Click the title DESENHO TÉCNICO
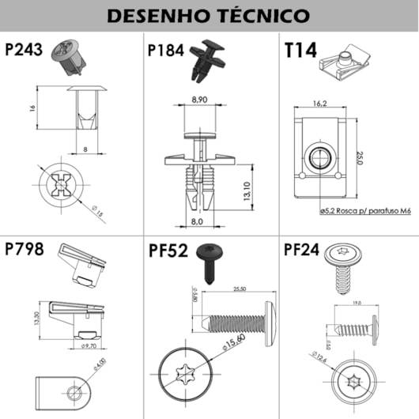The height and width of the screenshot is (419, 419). [208, 15]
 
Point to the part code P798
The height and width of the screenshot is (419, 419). [25, 251]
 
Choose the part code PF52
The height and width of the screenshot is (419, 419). [168, 251]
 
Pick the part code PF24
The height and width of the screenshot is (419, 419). [300, 251]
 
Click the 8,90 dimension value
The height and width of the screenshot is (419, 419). [199, 100]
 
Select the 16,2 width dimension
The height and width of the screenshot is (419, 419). [320, 103]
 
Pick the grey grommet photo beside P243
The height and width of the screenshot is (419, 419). [68, 56]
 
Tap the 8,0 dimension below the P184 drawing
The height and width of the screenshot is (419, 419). [197, 222]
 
